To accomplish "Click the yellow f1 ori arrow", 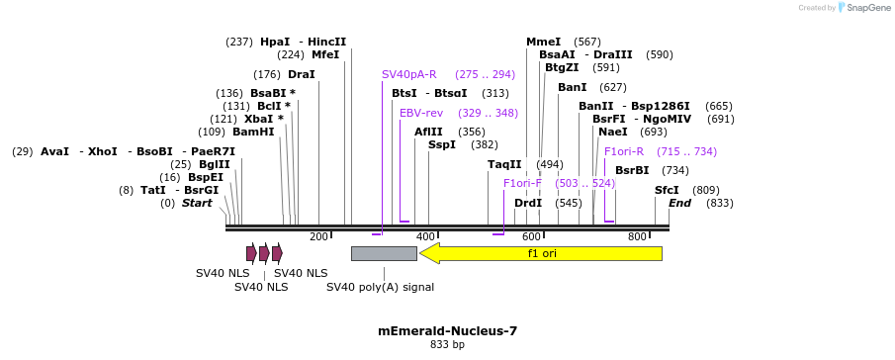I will pyautogui.click(x=541, y=253).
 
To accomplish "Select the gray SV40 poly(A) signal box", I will pyautogui.click(x=384, y=253).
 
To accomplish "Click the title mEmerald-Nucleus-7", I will pyautogui.click(x=447, y=331).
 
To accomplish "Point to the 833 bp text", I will pyautogui.click(x=447, y=345).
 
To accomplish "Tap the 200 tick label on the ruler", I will pyautogui.click(x=318, y=237).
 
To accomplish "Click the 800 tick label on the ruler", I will pyautogui.click(x=637, y=237).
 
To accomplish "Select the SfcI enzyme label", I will pyautogui.click(x=667, y=190).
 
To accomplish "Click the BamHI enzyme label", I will pyautogui.click(x=254, y=132).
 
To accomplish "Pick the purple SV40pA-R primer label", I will pyautogui.click(x=408, y=74).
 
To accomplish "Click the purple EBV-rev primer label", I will pyautogui.click(x=420, y=113).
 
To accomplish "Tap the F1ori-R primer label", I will pyautogui.click(x=623, y=151).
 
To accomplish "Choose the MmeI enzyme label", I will pyautogui.click(x=543, y=42).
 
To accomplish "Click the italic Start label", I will pyautogui.click(x=197, y=203).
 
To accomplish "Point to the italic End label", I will pyautogui.click(x=679, y=203).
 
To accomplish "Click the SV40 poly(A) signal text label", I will pyautogui.click(x=380, y=287).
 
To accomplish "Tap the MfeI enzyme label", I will pyautogui.click(x=325, y=54).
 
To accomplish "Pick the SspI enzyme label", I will pyautogui.click(x=441, y=144).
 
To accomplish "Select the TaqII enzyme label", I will pyautogui.click(x=504, y=164).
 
